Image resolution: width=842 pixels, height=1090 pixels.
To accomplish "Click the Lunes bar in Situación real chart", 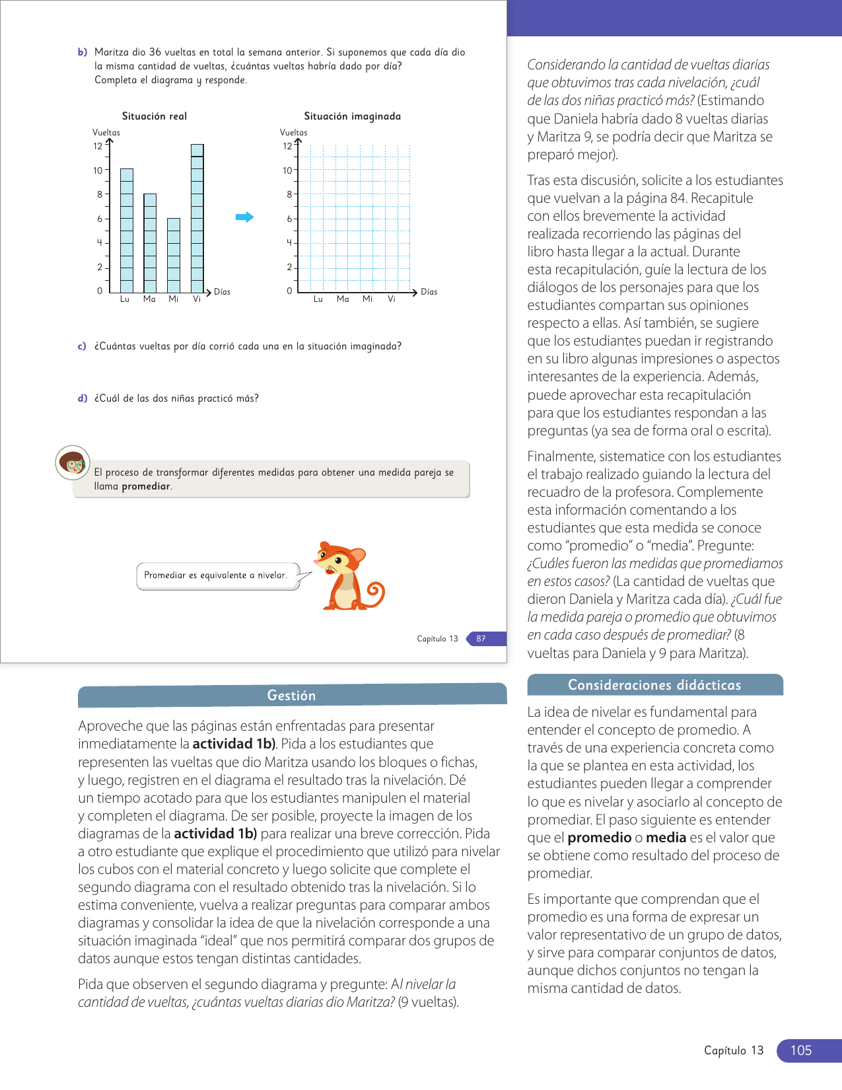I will click(127, 231).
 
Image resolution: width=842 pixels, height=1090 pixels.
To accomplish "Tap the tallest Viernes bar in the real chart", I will click(197, 218).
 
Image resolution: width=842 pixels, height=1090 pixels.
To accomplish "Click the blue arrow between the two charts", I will click(245, 217).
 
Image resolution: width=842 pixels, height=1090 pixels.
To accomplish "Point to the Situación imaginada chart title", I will click(352, 116).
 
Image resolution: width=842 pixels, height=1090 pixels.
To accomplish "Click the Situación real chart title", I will click(155, 116).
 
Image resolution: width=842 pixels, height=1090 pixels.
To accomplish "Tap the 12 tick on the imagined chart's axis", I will click(287, 146).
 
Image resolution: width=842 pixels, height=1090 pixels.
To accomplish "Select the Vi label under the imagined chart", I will click(392, 299).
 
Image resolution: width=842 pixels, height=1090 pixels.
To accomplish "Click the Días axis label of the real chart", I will click(223, 292).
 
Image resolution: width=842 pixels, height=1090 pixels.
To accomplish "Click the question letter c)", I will click(82, 346).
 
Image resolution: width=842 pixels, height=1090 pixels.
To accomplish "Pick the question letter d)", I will click(82, 398).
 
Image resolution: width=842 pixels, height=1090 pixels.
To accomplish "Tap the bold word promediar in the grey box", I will click(146, 486).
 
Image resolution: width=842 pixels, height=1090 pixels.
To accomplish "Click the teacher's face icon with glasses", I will click(73, 463).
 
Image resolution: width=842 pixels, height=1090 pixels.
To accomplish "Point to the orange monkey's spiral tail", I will click(375, 593).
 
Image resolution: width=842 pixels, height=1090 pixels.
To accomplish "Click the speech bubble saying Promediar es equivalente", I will click(216, 575).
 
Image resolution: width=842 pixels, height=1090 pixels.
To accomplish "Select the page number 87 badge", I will click(482, 639).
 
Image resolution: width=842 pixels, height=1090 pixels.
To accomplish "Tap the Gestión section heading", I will click(291, 696).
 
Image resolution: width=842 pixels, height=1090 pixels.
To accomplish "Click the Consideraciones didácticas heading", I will click(654, 685).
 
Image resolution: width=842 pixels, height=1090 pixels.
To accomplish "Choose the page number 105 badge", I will click(801, 1050).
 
